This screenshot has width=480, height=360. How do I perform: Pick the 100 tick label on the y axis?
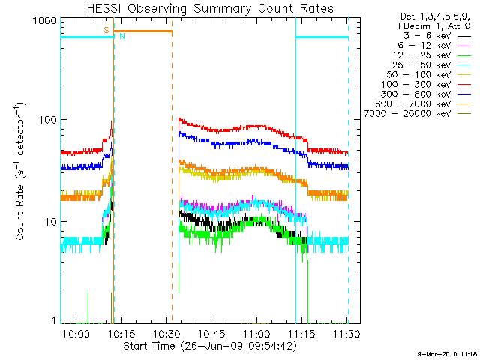pos(46,120)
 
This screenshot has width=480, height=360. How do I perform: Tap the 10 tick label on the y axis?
pos(49,222)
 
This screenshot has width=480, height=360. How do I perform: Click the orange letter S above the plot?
pos(107,30)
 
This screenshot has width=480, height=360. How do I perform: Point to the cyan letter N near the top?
pos(122,36)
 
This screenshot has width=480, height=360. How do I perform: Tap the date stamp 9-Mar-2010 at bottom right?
pos(445,352)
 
